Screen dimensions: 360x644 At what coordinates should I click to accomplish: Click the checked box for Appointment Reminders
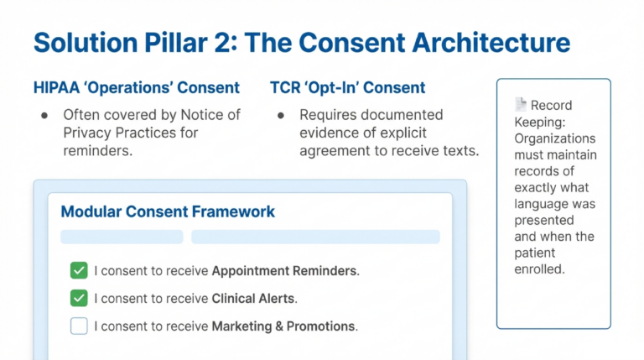point(79,270)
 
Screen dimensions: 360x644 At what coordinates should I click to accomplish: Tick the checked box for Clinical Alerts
point(79,298)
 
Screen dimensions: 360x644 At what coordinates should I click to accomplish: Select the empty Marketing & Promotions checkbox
point(79,326)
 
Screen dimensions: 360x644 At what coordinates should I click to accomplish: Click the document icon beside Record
point(520,105)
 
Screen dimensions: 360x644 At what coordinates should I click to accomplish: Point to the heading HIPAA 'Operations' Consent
point(137,87)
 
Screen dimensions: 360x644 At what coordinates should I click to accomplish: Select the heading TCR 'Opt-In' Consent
point(347,87)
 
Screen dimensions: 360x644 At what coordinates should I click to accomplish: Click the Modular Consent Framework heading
point(168,211)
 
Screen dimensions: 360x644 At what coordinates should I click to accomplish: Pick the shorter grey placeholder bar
point(122,237)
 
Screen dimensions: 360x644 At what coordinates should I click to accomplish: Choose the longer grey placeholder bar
point(315,237)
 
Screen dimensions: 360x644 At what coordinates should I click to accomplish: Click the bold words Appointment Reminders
point(284,271)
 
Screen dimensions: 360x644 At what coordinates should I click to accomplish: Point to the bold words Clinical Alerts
point(254,298)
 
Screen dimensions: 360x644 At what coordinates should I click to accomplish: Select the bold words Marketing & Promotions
point(283,326)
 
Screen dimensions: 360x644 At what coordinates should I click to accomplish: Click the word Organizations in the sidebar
point(555,138)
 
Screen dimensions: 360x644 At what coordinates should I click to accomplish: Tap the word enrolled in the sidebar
point(541,269)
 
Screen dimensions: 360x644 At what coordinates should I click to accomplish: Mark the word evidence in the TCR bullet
point(328,133)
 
